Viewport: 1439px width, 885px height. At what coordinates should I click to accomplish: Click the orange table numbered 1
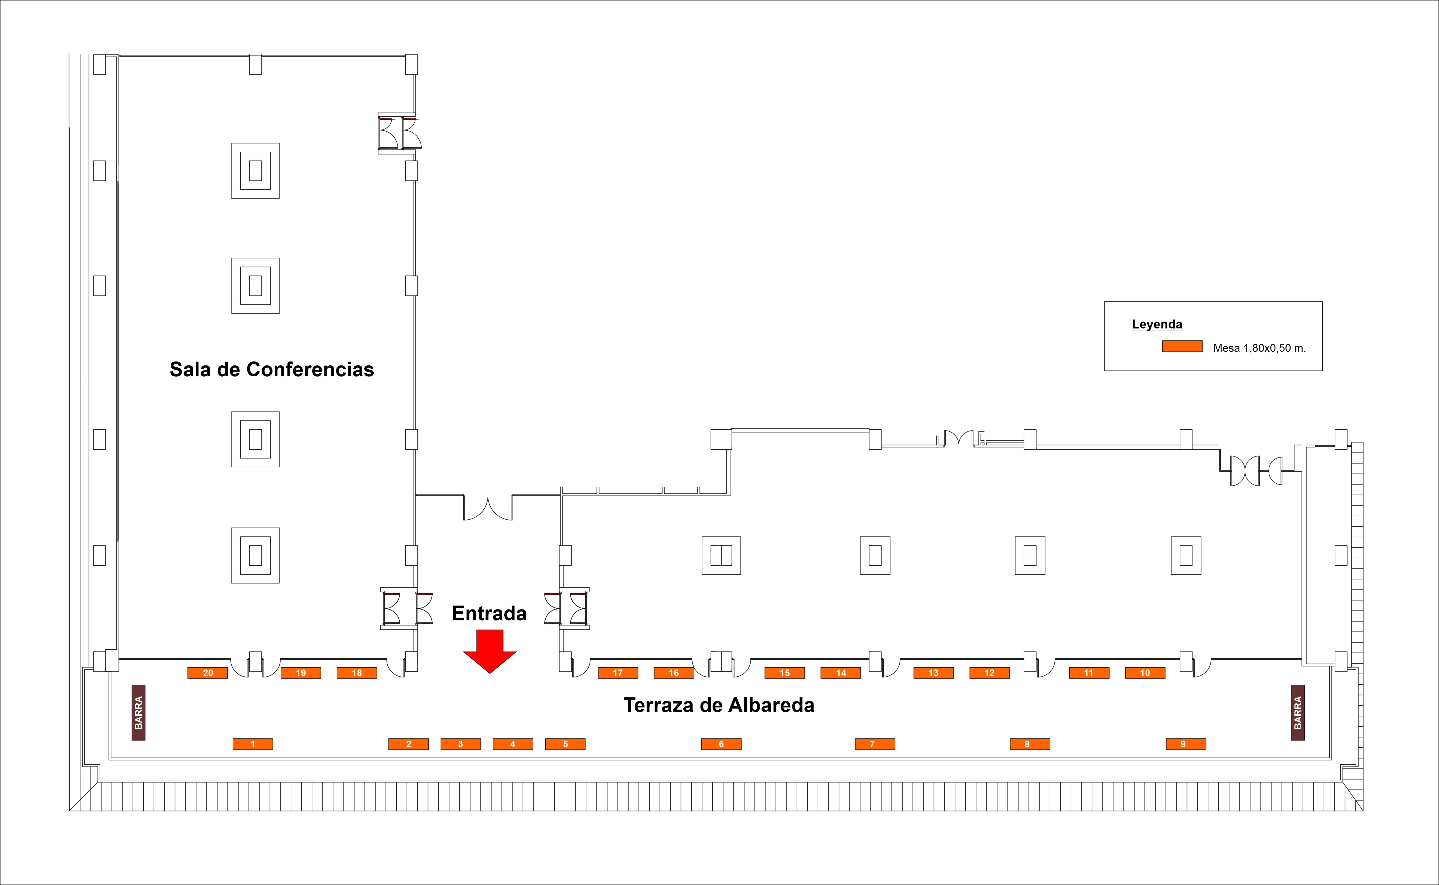(252, 744)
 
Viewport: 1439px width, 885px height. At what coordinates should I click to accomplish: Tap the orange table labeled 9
(1185, 744)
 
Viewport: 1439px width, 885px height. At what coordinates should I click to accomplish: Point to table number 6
(721, 744)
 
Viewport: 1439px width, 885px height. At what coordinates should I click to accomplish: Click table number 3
(460, 744)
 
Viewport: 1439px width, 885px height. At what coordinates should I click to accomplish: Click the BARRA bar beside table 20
(138, 712)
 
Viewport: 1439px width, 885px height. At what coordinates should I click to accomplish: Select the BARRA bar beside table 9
(1297, 712)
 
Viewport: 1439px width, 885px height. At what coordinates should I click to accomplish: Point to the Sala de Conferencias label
(272, 369)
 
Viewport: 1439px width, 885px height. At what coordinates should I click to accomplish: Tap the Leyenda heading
(1157, 324)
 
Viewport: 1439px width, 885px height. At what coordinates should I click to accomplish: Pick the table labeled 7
(875, 744)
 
